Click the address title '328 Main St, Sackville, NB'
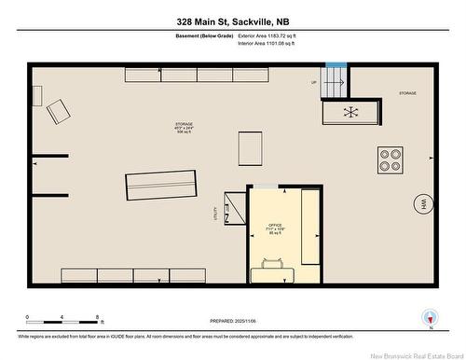click(232, 21)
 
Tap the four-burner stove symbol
click(391, 159)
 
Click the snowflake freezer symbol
click(351, 112)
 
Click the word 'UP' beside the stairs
click(313, 83)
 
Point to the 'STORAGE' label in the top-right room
click(407, 93)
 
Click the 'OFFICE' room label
click(276, 225)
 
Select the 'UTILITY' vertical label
click(216, 215)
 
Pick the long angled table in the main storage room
click(162, 186)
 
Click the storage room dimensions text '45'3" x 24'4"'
click(185, 129)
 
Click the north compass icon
click(429, 317)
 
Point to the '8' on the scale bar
click(98, 317)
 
